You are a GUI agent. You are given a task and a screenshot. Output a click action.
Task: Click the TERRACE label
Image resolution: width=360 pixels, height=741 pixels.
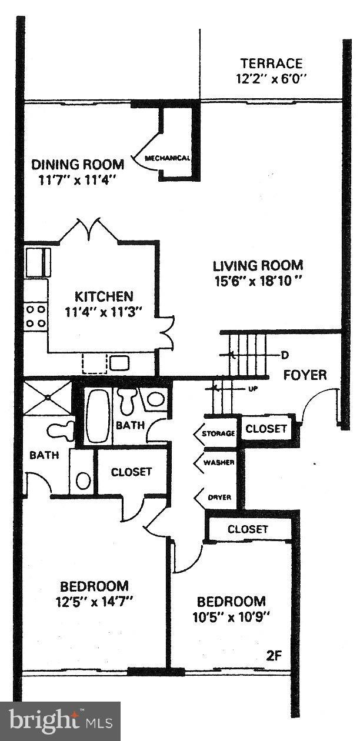(x=271, y=64)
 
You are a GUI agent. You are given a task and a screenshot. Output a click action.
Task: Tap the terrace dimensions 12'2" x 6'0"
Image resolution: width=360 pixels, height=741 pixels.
(x=271, y=78)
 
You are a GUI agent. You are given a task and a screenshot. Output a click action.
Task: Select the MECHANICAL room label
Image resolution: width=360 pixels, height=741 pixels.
(x=168, y=158)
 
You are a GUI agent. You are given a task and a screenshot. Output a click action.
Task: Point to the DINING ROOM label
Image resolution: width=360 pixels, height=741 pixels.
(x=78, y=164)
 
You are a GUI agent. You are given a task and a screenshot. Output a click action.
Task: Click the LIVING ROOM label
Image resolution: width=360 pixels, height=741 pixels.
(x=258, y=265)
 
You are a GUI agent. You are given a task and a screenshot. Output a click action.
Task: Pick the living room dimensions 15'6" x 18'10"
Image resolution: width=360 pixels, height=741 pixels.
(x=258, y=281)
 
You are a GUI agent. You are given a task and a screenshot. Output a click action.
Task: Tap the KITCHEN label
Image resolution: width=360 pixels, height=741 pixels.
(x=104, y=296)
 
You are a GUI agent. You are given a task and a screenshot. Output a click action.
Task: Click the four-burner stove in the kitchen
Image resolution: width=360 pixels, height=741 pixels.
(x=36, y=316)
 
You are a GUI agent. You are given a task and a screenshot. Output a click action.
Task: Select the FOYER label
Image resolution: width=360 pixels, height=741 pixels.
(x=305, y=375)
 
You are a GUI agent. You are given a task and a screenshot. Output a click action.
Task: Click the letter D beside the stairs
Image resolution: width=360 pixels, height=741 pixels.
(x=284, y=355)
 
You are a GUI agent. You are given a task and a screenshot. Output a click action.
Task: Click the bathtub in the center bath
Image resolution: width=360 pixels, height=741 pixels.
(x=98, y=416)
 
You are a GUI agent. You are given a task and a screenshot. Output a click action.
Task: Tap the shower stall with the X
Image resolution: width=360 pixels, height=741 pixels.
(x=46, y=398)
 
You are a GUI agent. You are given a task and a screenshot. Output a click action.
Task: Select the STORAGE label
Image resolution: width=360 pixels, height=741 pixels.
(x=218, y=434)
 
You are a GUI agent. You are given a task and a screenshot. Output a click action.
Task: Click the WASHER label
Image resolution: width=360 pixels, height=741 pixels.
(x=219, y=462)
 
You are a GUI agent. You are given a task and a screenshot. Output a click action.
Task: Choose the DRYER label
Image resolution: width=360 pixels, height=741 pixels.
(x=218, y=498)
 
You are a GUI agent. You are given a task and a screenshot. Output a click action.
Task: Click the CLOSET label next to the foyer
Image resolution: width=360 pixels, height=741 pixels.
(x=266, y=429)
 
